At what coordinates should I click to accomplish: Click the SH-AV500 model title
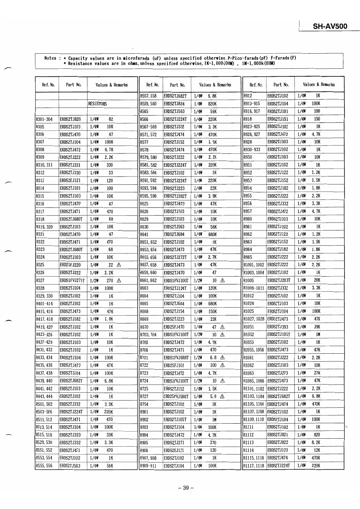pyautogui.click(x=330, y=26)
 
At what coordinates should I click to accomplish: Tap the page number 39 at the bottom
pyautogui.click(x=186, y=487)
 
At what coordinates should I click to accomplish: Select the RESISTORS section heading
pyautogui.click(x=98, y=104)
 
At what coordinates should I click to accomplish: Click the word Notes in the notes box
pyautogui.click(x=50, y=58)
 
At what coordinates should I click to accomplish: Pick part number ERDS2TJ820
pyautogui.click(x=70, y=119)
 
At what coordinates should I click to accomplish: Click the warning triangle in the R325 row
pyautogui.click(x=119, y=265)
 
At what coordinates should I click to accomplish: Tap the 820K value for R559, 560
pyautogui.click(x=212, y=104)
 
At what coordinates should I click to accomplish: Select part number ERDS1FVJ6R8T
pyautogui.click(x=176, y=357)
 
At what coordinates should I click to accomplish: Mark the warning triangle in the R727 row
pyautogui.click(x=222, y=396)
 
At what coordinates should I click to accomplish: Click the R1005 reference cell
pyautogui.click(x=248, y=280)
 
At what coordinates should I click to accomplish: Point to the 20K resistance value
pyautogui.click(x=317, y=280)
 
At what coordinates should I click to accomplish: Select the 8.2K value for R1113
pyautogui.click(x=316, y=442)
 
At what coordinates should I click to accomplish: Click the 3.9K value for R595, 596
pyautogui.click(x=212, y=196)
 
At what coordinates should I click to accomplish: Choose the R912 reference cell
pyautogui.click(x=248, y=96)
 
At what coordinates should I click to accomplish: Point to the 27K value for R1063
pyautogui.click(x=317, y=373)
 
